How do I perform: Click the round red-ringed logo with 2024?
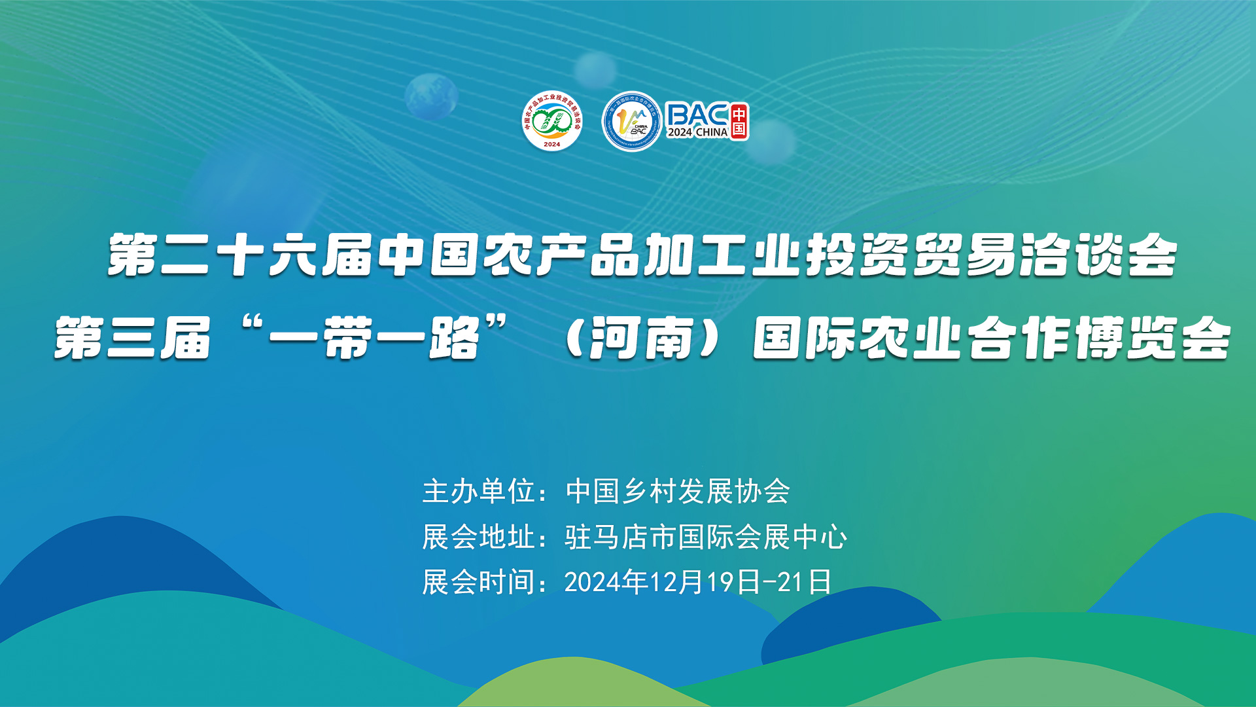552,121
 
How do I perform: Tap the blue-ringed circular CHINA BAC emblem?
631,122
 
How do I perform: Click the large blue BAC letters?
697,115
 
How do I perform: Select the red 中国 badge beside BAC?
739,121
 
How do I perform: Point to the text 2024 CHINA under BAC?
697,132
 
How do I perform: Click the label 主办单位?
479,492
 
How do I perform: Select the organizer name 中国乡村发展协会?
678,492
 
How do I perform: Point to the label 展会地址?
479,537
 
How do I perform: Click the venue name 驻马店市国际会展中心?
706,537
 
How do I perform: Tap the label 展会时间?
479,582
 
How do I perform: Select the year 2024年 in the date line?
606,582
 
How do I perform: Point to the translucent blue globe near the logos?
430,96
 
